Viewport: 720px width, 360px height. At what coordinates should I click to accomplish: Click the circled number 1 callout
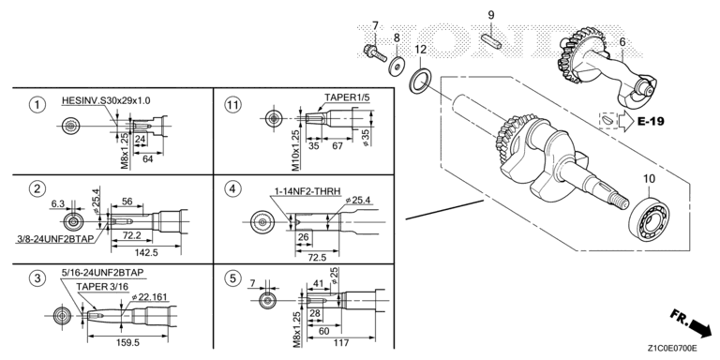37,105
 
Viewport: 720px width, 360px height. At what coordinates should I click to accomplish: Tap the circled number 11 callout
232,105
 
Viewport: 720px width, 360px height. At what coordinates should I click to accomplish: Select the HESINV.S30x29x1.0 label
106,100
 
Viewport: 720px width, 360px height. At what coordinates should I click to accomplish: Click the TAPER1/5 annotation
347,97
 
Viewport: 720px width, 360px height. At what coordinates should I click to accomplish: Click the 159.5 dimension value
127,343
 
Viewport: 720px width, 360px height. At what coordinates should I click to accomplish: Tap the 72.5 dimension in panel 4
317,257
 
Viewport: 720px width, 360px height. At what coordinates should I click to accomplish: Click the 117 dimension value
341,342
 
